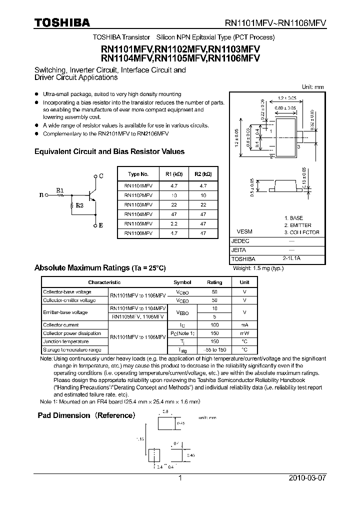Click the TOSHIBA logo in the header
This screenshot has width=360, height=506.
pos(62,22)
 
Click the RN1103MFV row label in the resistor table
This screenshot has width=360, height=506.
pos(138,205)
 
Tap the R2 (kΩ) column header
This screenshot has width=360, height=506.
pos(203,174)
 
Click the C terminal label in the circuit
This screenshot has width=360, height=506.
pos(101,176)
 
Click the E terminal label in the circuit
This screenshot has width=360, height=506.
pos(101,225)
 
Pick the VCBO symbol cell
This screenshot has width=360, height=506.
pos(182,291)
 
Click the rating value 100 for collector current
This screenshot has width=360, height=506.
pos(214,325)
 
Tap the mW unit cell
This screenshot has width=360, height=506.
pos(244,333)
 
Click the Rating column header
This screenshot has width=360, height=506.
pos(214,282)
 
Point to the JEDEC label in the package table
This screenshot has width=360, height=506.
pos(240,240)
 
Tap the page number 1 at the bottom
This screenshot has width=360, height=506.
pos(180,478)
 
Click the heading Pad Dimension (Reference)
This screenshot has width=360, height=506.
pos(86,415)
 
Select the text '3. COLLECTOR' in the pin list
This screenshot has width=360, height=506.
pos(301,232)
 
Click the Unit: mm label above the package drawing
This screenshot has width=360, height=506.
pos(313,87)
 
